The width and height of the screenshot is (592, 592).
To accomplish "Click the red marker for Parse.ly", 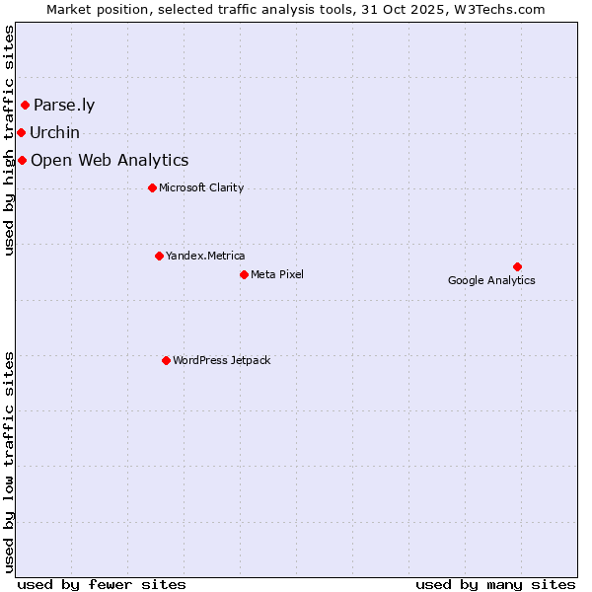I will point(25,105).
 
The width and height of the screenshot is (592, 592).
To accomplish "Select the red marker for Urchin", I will point(21,132).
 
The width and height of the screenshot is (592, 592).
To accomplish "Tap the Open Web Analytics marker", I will point(22,160).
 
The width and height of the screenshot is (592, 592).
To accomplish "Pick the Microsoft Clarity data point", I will point(152,187).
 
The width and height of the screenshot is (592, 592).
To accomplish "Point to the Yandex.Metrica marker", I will point(159,256).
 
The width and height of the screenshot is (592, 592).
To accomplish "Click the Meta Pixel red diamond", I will point(244,274).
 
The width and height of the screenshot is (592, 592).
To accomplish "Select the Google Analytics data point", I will point(517,266).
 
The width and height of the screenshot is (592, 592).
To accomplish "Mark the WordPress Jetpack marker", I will point(166,360).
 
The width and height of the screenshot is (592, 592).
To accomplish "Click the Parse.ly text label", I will point(64,106).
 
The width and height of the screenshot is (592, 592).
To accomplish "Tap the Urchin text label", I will point(54,133).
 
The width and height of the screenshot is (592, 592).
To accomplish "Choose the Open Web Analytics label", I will point(110,161).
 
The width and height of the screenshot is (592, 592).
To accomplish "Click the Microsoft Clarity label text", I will point(201,188).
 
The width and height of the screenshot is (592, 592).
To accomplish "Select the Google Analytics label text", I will point(491,281).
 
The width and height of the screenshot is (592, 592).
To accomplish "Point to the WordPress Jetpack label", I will point(221,361).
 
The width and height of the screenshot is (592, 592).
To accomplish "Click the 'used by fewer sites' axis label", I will point(102,584).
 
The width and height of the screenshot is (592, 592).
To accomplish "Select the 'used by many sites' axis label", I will point(495,584).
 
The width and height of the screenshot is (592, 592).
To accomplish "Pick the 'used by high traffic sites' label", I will point(9,140).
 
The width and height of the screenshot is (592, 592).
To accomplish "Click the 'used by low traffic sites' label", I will point(9,462).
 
